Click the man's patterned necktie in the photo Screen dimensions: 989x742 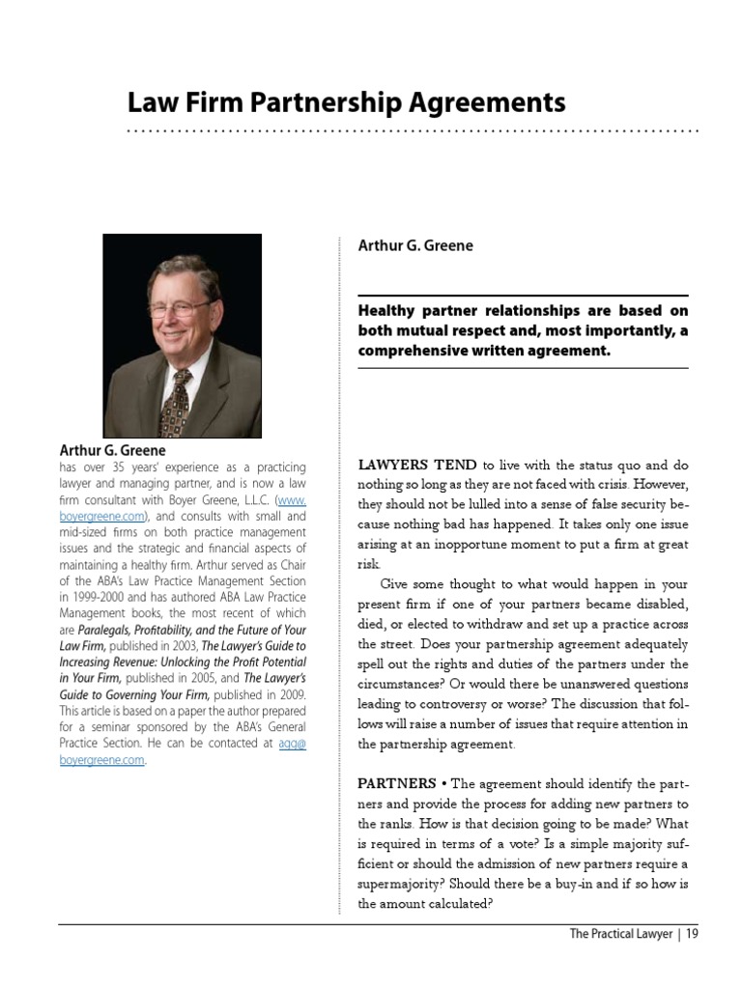[x=177, y=402]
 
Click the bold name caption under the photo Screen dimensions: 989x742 [x=112, y=450]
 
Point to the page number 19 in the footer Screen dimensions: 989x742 [x=692, y=934]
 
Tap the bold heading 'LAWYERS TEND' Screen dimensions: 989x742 [x=417, y=465]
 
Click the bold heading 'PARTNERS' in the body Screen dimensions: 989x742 [x=397, y=782]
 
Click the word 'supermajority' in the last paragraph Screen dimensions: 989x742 [x=400, y=884]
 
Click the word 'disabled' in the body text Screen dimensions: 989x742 [x=659, y=604]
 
